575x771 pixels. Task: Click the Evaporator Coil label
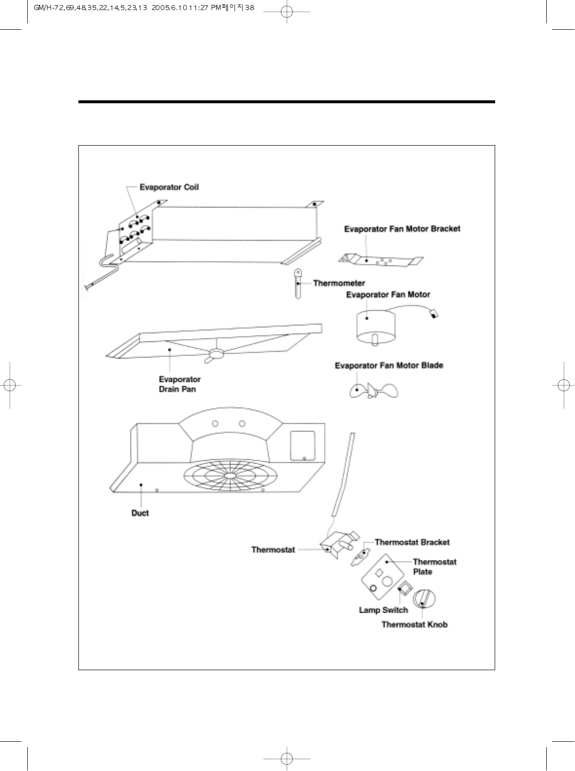169,188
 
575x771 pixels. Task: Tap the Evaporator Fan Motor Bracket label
402,229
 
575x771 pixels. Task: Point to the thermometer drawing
297,283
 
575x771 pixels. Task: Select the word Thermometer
339,283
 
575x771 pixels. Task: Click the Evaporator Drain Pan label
179,384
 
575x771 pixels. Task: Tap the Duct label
140,513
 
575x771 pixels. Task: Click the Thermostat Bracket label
412,542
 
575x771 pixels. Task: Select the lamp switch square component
404,590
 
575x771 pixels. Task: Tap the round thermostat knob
424,599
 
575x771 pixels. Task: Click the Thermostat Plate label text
434,566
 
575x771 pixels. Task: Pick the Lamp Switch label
383,610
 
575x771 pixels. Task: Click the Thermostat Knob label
414,625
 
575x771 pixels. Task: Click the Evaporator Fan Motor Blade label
389,366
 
